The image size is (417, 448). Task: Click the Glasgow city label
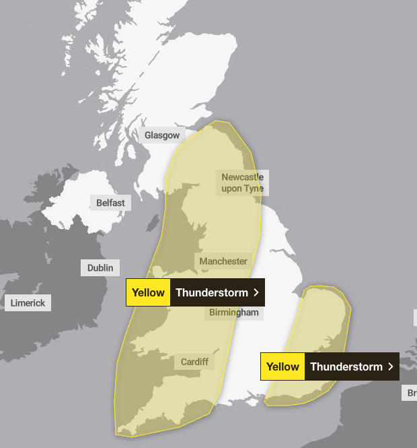[162, 135]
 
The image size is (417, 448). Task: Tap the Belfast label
[110, 202]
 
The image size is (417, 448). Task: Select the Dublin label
[100, 268]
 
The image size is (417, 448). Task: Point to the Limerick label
[28, 303]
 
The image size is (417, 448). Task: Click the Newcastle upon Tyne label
[242, 183]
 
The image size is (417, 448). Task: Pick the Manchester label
[223, 261]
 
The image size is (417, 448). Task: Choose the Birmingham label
[233, 313]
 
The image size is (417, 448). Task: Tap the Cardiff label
[194, 362]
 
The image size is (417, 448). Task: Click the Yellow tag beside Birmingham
[148, 292]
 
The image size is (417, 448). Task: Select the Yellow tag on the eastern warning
[282, 366]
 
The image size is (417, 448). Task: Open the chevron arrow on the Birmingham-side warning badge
[256, 292]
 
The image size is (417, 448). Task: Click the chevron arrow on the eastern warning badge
[391, 366]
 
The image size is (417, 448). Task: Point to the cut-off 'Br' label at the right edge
[410, 393]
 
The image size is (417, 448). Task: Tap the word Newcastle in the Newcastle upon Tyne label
[242, 177]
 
